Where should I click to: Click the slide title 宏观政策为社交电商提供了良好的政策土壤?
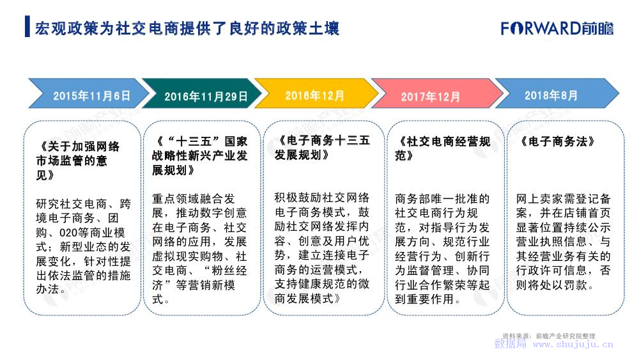187,28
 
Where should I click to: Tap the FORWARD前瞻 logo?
557,28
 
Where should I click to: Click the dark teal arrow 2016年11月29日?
203,93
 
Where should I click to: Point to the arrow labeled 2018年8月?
557,93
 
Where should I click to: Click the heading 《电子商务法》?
557,141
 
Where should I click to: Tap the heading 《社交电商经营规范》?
442,148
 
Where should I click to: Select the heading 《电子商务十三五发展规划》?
322,148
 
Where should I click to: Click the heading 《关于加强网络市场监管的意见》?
78,160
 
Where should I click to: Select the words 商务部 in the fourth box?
412,199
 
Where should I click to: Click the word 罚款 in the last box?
576,285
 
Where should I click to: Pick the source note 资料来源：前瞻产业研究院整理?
548,336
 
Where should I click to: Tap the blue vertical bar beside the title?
27,26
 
